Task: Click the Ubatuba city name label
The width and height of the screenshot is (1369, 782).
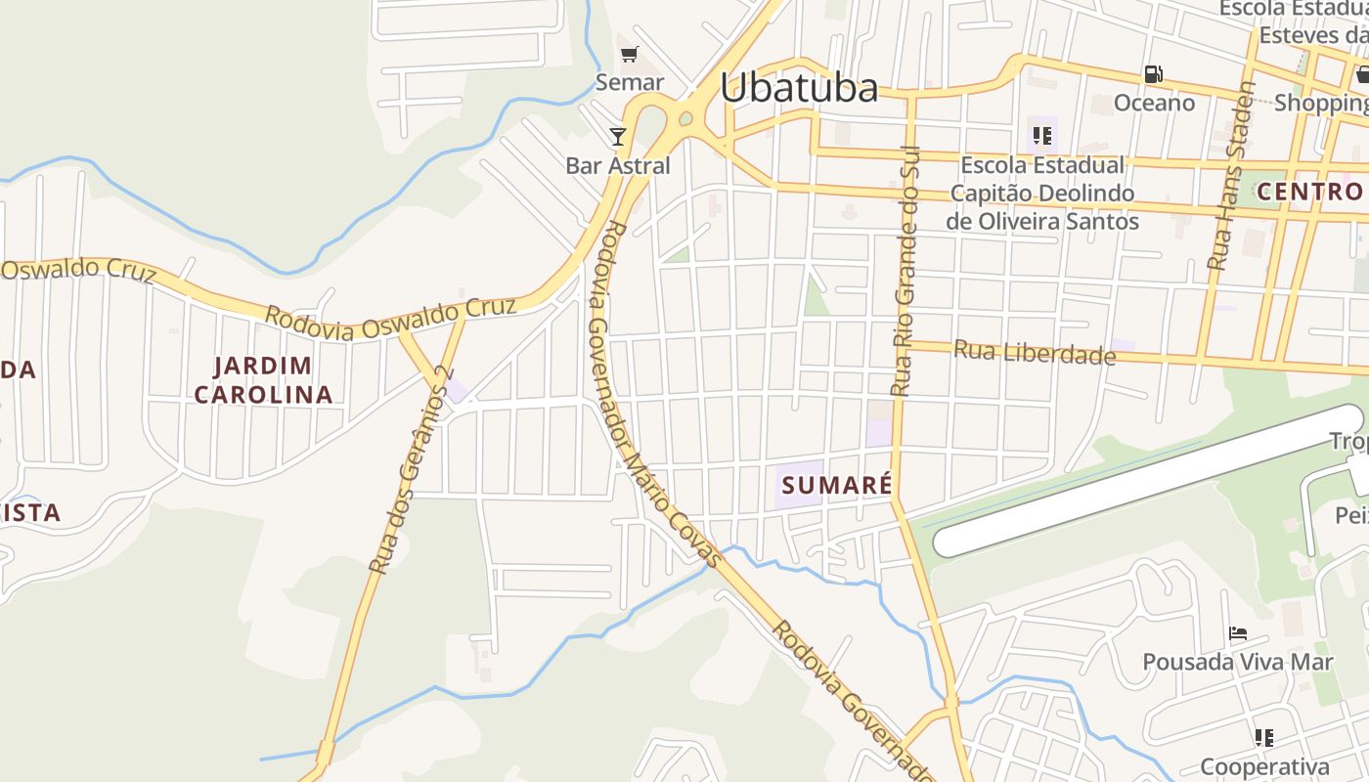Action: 799,88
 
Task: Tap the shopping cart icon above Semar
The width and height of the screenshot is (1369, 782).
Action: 629,54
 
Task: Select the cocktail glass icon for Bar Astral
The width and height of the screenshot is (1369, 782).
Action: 618,136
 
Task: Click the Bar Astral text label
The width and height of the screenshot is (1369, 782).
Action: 618,165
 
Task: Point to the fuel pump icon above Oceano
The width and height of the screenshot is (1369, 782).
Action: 1154,74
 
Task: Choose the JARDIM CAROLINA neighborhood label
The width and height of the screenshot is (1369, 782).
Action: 263,380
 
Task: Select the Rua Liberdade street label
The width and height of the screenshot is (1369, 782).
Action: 1035,352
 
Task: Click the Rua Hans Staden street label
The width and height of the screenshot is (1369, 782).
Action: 1231,176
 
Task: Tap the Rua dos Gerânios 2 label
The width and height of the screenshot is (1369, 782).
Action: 409,469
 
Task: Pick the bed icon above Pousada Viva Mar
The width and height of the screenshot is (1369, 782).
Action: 1238,633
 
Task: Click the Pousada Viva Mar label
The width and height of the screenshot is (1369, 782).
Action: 1238,662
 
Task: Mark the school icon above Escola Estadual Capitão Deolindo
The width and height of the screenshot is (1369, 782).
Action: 1041,136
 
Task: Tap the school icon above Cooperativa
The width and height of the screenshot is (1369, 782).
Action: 1263,737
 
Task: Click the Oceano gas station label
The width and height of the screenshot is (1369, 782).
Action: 1154,103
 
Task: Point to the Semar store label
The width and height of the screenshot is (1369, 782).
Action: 629,82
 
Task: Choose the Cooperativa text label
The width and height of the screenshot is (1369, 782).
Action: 1263,766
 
